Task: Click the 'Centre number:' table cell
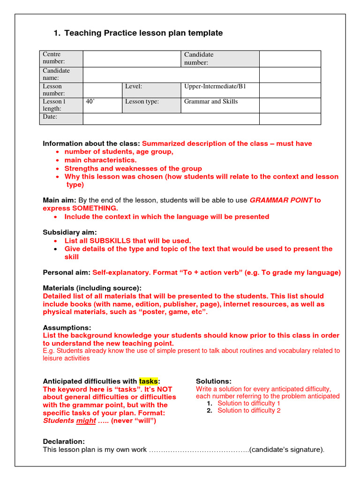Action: (x=61, y=58)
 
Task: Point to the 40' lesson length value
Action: (x=90, y=102)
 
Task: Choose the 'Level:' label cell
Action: (x=151, y=87)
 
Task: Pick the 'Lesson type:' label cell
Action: (x=151, y=102)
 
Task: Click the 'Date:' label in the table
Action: (x=50, y=117)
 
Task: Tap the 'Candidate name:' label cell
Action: (x=61, y=74)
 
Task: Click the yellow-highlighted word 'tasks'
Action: (x=149, y=381)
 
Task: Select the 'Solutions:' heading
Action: (x=214, y=381)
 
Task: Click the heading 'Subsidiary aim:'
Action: (x=70, y=232)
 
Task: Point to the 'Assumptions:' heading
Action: (x=67, y=328)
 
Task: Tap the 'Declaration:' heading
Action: (x=64, y=442)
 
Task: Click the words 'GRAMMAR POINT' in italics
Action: (x=281, y=200)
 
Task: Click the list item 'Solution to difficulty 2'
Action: (x=249, y=411)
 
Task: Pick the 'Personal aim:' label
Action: (x=67, y=272)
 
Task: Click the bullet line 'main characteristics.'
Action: (x=100, y=160)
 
